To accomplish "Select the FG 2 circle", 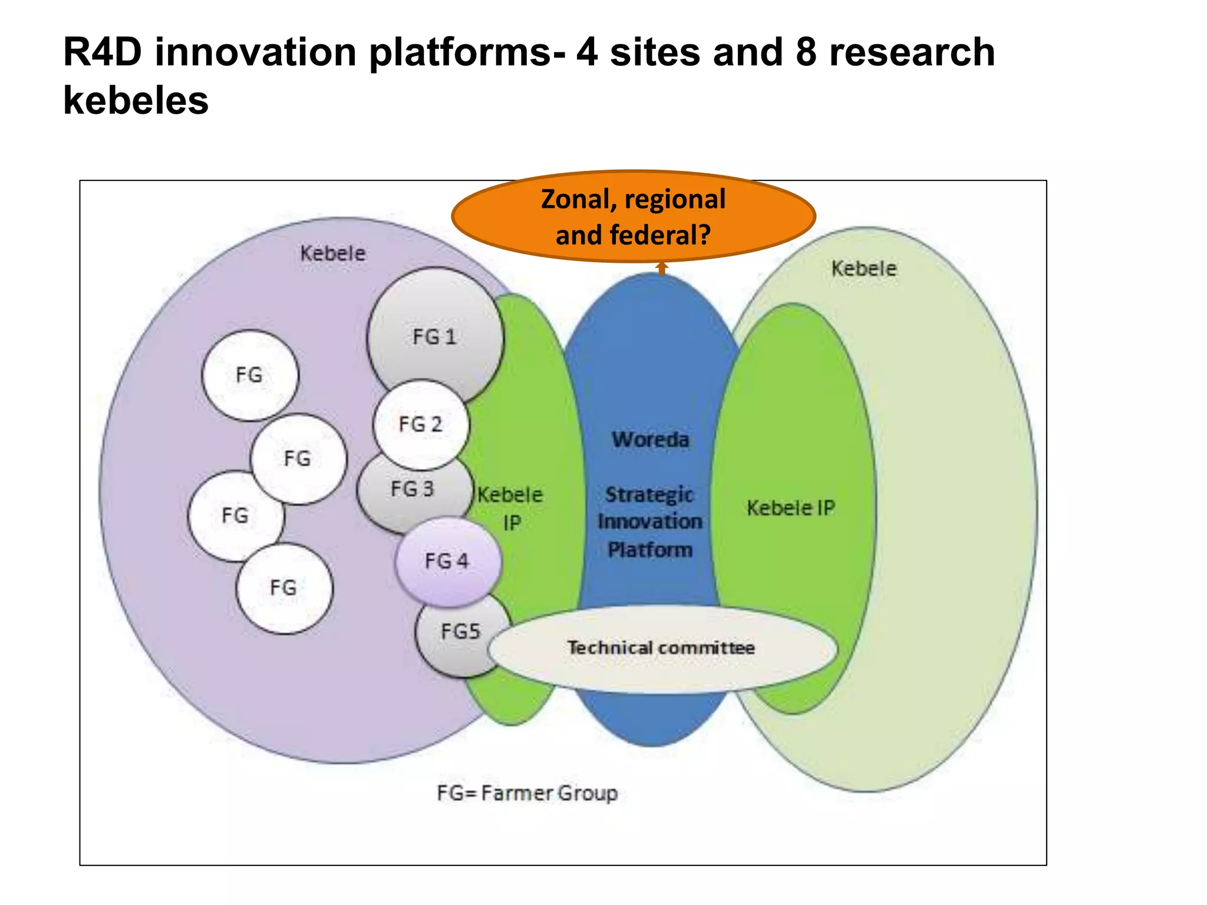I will [420, 424].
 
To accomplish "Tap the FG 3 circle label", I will [412, 488].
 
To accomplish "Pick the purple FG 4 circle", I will [447, 561].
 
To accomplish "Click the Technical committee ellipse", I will [661, 648].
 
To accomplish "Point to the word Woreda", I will [650, 440].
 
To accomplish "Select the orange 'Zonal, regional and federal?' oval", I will [633, 216].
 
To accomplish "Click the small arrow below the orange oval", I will [662, 268].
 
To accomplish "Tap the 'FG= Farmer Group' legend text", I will [527, 793].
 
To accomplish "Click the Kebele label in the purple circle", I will [332, 253].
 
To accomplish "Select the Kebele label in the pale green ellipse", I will [864, 269].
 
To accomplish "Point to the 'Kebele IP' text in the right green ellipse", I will [791, 508].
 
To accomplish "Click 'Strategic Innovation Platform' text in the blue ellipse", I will [650, 522].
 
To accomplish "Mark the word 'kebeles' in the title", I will [136, 100].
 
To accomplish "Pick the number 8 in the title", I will [806, 52].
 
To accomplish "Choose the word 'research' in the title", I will [912, 52].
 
